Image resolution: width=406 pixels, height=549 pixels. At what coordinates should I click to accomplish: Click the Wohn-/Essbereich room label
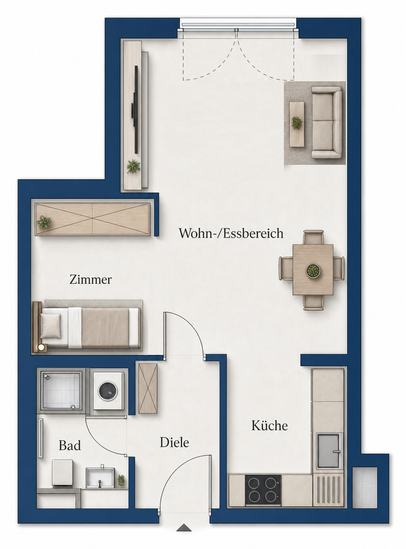click(x=231, y=233)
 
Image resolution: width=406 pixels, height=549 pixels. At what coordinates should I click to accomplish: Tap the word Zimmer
click(x=90, y=280)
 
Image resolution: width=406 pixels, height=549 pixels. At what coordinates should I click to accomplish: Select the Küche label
click(x=270, y=426)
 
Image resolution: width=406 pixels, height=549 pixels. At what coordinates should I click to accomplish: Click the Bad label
click(x=70, y=445)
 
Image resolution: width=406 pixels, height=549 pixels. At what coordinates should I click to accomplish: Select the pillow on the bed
click(x=51, y=326)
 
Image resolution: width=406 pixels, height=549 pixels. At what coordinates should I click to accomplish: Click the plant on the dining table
click(x=313, y=271)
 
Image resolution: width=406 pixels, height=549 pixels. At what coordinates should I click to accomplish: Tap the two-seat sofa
click(x=326, y=122)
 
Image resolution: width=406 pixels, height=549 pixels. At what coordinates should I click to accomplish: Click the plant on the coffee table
click(x=297, y=123)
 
